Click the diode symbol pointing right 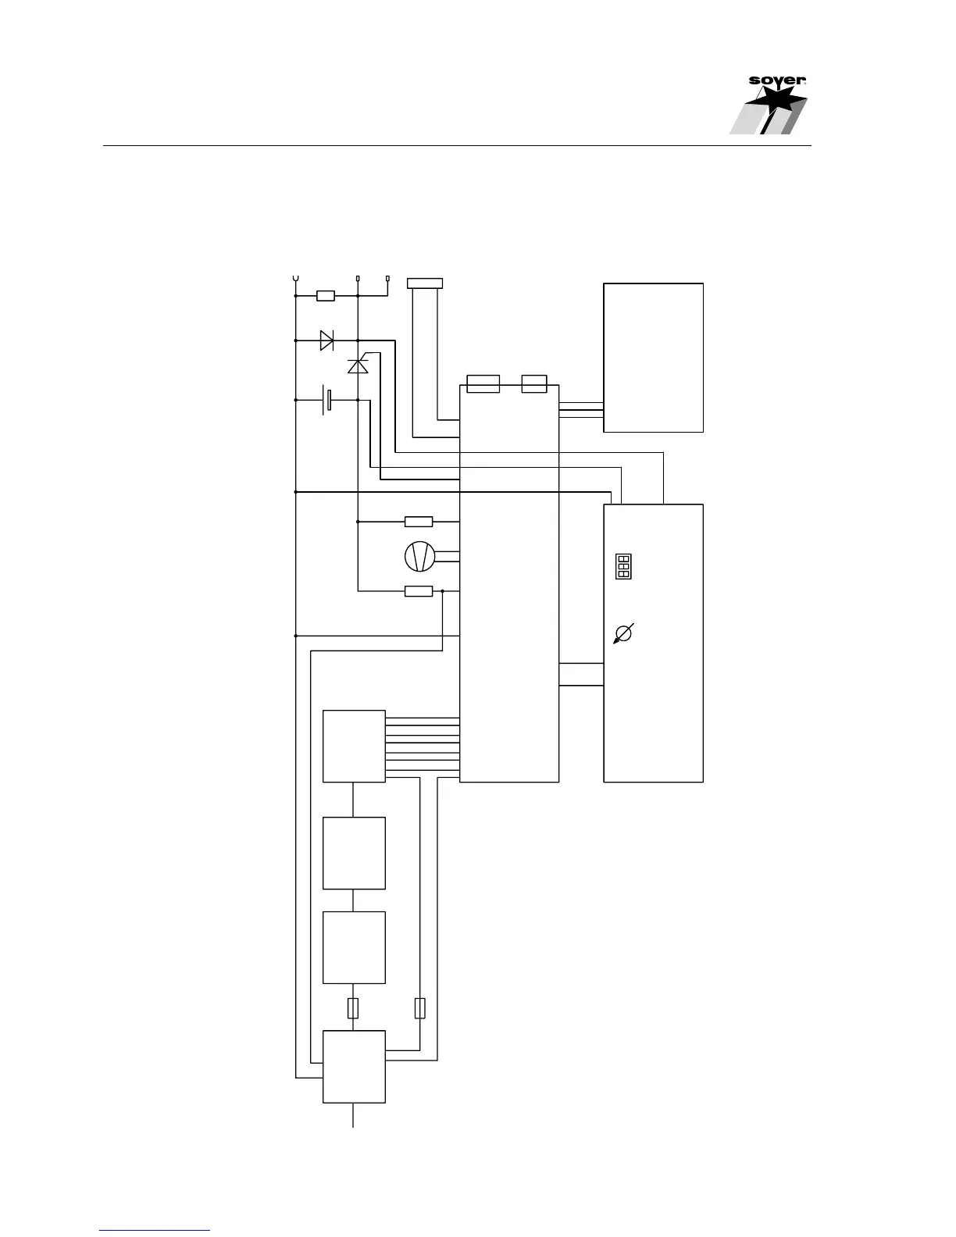(326, 340)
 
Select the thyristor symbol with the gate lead (358, 365)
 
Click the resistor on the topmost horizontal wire (326, 296)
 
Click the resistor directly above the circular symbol (419, 521)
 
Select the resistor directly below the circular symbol (419, 591)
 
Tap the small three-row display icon (623, 567)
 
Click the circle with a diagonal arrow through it (623, 633)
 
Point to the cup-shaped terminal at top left (295, 278)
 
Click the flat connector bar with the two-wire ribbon (426, 283)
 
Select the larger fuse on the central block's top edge (483, 384)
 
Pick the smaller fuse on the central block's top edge (534, 384)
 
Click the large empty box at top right (653, 357)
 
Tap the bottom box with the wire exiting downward (354, 1066)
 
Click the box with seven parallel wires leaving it (354, 746)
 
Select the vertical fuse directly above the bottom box (353, 1008)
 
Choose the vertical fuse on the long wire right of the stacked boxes (420, 1008)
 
